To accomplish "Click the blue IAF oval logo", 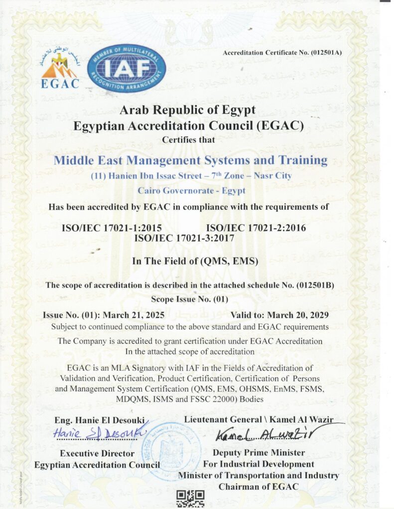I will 127,68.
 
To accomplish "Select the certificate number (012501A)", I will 326,52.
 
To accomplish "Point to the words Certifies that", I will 189,140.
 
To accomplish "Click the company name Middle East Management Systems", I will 190,161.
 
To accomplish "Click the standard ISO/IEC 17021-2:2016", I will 256,228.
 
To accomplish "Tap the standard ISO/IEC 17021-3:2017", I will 184,238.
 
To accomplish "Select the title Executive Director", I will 97,453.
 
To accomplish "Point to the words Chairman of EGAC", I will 259,486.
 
